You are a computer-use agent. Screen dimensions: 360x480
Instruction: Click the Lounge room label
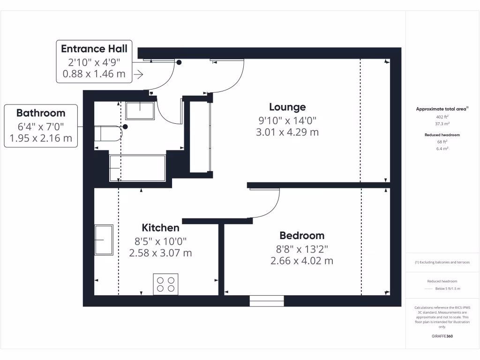coord(287,107)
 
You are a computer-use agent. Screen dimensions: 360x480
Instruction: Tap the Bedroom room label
coord(302,236)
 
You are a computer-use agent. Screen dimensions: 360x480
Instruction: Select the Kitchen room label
coord(160,228)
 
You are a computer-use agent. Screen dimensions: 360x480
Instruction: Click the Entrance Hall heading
coord(94,49)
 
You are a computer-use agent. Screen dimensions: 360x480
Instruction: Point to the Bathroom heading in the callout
coord(41,113)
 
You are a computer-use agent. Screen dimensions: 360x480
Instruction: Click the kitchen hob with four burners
coord(165,284)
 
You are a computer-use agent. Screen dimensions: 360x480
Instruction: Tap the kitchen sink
coord(104,240)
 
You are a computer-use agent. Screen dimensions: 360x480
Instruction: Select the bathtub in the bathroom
coord(137,168)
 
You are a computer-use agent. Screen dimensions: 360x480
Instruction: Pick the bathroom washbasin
coord(140,111)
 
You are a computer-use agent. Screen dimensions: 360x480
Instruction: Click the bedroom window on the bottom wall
coord(267,301)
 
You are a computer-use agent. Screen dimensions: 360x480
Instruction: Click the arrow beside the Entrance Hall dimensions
coord(138,74)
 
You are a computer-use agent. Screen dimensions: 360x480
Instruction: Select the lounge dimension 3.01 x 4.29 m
coord(287,132)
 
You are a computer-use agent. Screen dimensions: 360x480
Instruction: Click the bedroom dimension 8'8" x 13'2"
coord(302,249)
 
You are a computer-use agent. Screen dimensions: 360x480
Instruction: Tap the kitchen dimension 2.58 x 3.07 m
coord(160,253)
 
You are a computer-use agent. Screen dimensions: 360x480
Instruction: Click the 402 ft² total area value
coord(442,117)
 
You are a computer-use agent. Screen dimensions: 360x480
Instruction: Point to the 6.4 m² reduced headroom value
coord(442,148)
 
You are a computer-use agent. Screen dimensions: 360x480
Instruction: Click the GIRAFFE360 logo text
coord(442,336)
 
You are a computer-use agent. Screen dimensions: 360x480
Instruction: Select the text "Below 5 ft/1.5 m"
coord(448,289)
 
